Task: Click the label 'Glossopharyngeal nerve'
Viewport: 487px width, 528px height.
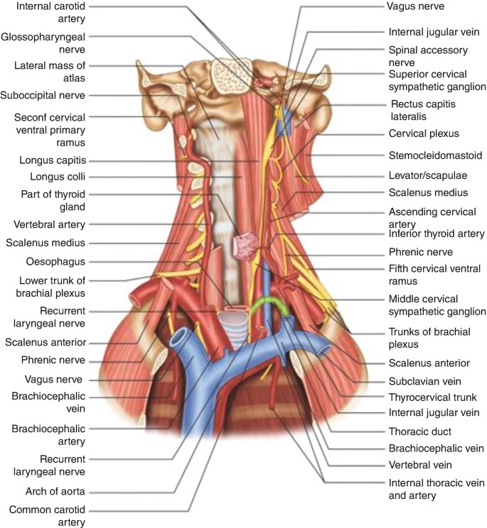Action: click(x=43, y=43)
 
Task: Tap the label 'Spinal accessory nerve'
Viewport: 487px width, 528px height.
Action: click(x=427, y=56)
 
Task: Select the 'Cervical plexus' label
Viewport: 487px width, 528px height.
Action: click(x=424, y=133)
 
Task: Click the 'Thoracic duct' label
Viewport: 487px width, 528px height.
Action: click(x=420, y=431)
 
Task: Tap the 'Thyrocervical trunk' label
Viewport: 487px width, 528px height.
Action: click(x=432, y=397)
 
